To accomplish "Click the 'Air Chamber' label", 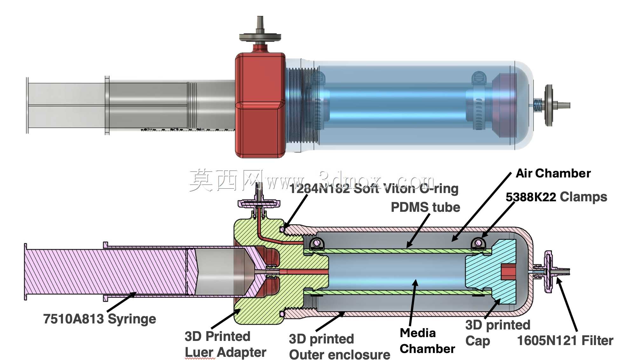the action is pyautogui.click(x=553, y=173).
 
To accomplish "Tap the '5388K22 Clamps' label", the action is pyautogui.click(x=556, y=197).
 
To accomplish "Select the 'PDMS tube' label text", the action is pyautogui.click(x=425, y=207).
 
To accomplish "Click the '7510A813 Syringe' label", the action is pyautogui.click(x=99, y=319).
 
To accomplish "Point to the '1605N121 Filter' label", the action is pyautogui.click(x=565, y=341).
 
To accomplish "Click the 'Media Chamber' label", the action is pyautogui.click(x=427, y=341).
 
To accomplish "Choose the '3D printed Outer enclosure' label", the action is pyautogui.click(x=339, y=347).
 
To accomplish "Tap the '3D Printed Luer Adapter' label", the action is pyautogui.click(x=225, y=344).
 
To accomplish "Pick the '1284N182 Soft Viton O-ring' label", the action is pyautogui.click(x=374, y=189).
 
